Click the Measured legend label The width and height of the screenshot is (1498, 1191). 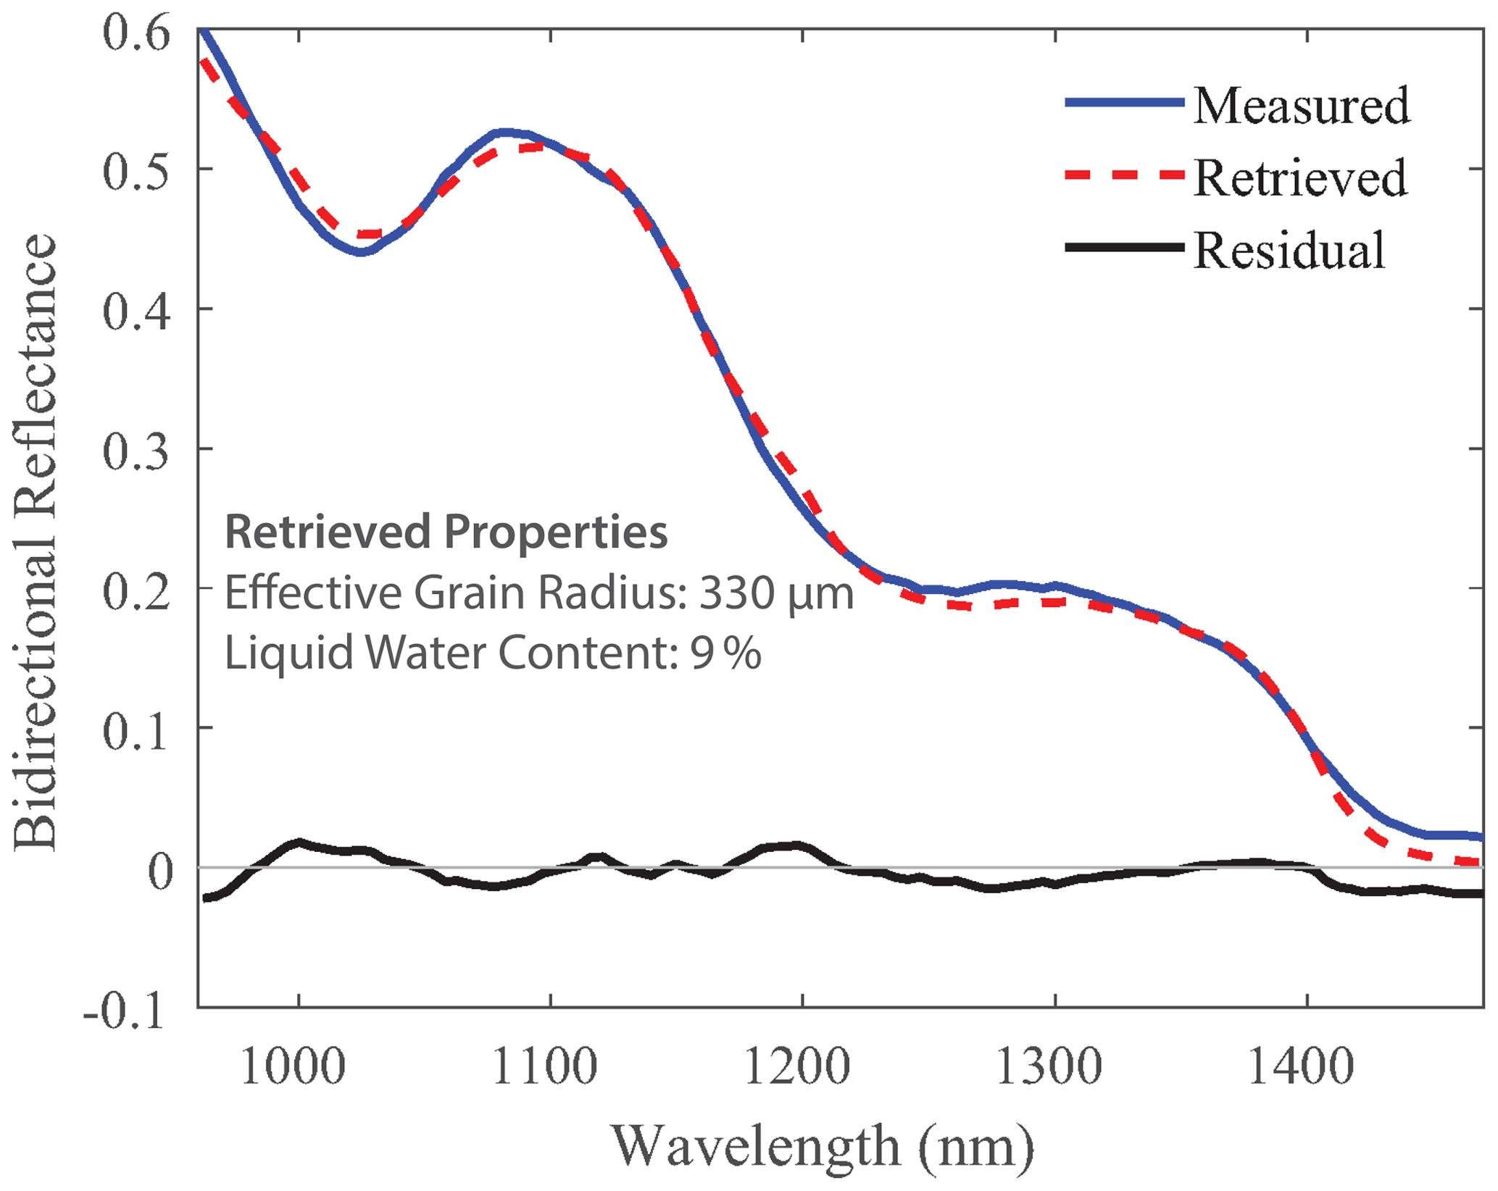click(x=1301, y=106)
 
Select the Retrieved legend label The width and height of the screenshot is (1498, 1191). click(x=1300, y=177)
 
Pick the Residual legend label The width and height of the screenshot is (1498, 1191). click(x=1289, y=250)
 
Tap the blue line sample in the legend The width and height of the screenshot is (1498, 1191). click(x=1124, y=103)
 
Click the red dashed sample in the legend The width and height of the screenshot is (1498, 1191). click(x=1124, y=175)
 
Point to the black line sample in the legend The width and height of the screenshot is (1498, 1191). click(x=1124, y=248)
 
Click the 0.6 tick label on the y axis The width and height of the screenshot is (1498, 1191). click(x=136, y=33)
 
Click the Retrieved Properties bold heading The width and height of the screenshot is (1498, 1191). click(x=446, y=532)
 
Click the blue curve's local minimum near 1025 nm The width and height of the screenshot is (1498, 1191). click(x=361, y=252)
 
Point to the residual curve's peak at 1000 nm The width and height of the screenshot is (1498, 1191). click(x=298, y=843)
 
